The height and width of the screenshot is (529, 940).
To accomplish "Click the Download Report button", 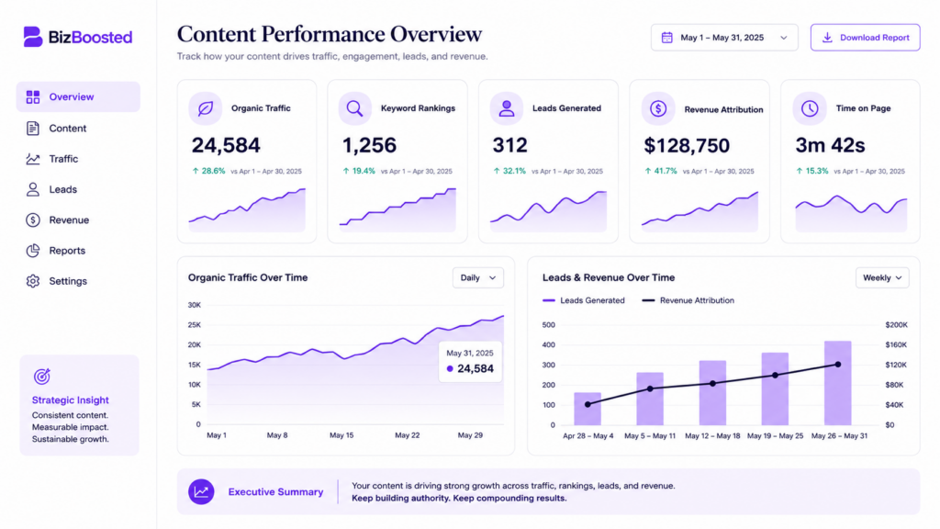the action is [x=865, y=37].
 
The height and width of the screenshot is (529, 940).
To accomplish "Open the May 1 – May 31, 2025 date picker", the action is [x=724, y=37].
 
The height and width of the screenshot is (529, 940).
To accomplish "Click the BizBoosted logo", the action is [x=78, y=37].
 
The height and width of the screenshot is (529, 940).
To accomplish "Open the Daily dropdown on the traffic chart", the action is [x=477, y=277].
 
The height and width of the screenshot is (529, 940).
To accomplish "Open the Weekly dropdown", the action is [x=882, y=277].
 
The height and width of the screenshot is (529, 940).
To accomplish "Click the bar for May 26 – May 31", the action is [x=837, y=383].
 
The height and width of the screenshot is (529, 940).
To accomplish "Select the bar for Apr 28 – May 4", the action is [x=587, y=409].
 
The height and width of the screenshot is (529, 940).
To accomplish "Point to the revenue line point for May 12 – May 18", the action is [x=712, y=383].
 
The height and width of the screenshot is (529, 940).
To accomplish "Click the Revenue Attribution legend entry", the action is [x=688, y=300].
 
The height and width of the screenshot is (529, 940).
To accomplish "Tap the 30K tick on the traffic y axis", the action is [x=195, y=305].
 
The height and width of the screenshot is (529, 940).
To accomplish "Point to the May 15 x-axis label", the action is [x=341, y=434].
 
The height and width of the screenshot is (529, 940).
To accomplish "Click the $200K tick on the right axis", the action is [x=896, y=324].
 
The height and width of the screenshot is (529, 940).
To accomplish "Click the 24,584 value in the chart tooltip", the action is [x=476, y=368].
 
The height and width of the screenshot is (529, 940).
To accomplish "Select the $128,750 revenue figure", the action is [x=687, y=145].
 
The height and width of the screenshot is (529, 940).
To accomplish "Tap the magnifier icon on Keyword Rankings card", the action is [x=355, y=108].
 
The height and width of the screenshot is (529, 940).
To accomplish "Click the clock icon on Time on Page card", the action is [x=810, y=108].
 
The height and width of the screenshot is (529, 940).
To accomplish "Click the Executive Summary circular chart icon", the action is [x=201, y=492].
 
